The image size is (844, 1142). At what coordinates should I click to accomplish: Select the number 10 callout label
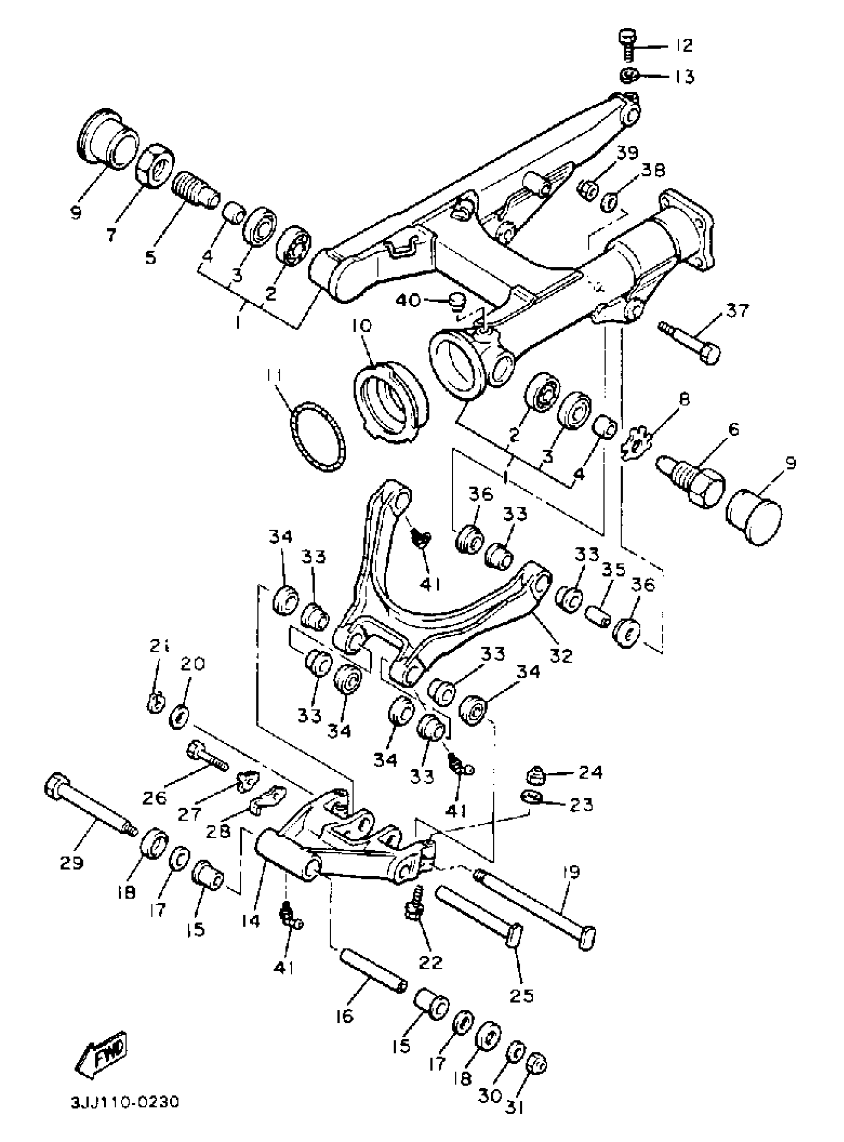362,326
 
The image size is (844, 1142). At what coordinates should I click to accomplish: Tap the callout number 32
561,655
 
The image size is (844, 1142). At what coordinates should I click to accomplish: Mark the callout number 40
408,300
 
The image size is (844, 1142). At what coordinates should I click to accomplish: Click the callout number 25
521,995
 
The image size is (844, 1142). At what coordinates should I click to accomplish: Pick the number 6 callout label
733,429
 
